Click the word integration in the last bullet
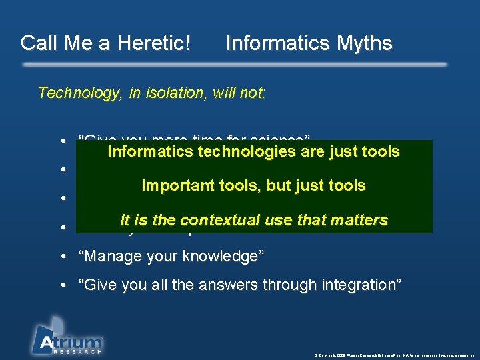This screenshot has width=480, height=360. [360, 285]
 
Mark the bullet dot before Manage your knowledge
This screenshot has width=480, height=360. [62, 257]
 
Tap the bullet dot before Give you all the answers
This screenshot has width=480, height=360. [62, 286]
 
